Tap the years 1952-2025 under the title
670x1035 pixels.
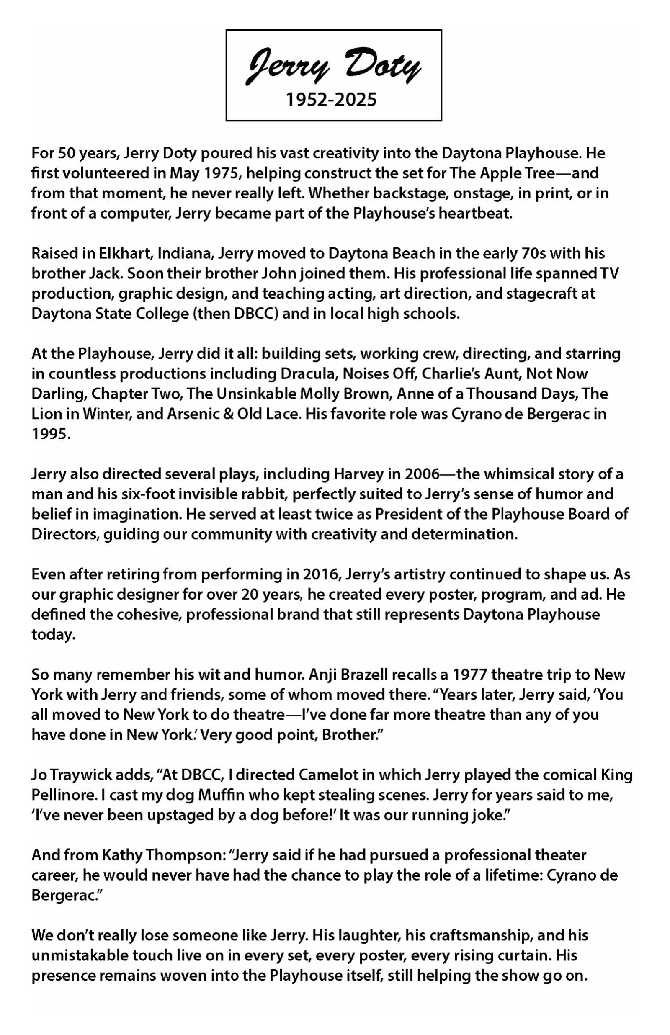(x=331, y=100)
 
